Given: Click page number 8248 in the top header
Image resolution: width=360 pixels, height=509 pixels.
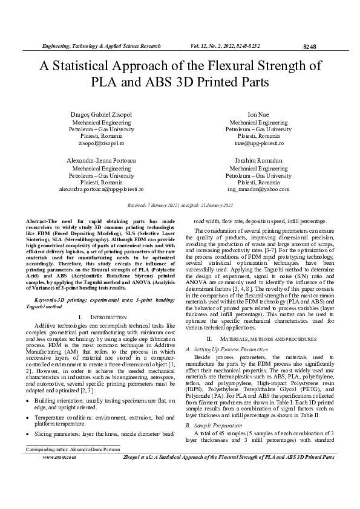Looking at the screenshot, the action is click(309, 47).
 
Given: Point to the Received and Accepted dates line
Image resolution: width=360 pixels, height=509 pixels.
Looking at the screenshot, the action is click(180, 206).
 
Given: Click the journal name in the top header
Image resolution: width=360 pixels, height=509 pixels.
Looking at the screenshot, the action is click(100, 46).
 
